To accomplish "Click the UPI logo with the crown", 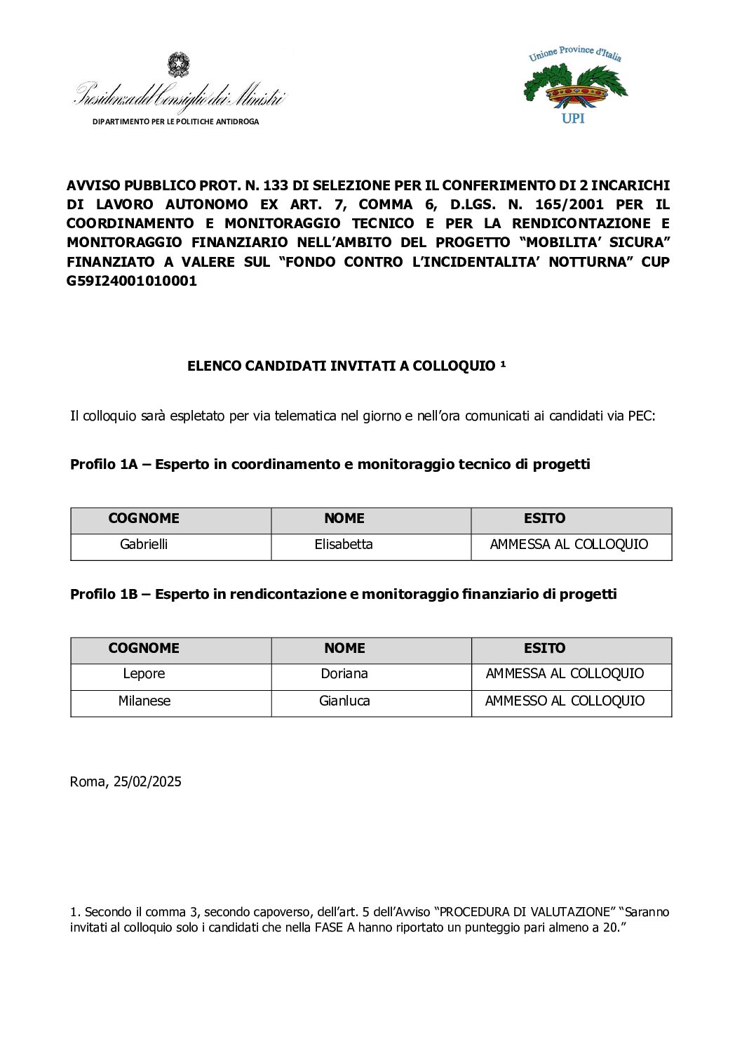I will [575, 85].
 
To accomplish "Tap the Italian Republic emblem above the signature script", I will [178, 65].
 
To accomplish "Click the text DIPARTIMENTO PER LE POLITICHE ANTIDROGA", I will [175, 121].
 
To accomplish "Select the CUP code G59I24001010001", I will [132, 281].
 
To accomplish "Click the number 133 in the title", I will [276, 185].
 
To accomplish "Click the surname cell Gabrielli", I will [144, 544].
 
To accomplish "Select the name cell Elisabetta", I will [344, 544].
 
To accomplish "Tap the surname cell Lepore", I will [144, 673].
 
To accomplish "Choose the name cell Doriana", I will [344, 673].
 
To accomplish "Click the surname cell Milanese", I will [144, 701].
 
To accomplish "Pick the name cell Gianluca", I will [344, 701].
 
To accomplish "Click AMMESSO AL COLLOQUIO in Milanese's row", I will [565, 701].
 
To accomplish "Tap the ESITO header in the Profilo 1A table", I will [544, 518].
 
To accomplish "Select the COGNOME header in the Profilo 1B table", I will [144, 648].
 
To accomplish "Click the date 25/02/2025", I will [147, 781].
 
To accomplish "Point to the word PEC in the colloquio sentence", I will [640, 416].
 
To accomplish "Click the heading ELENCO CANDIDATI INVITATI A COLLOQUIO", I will [342, 366].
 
